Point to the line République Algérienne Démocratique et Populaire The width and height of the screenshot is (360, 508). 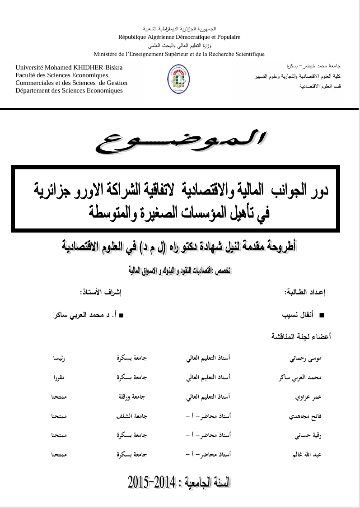pos(179,37)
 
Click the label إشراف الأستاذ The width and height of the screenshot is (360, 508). pos(101,292)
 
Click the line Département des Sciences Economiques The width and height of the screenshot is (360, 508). pos(69,91)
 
